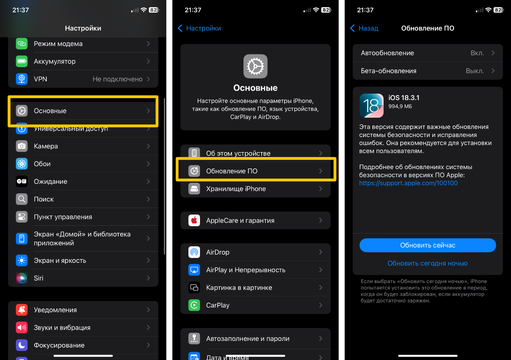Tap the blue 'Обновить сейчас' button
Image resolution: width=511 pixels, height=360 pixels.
coord(428,245)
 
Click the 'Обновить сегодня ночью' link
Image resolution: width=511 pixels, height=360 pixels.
coord(428,263)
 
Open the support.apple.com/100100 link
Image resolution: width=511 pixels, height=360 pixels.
coord(408,183)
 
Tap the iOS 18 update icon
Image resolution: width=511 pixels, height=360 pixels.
coord(371,106)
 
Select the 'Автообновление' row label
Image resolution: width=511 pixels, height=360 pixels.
coord(387,53)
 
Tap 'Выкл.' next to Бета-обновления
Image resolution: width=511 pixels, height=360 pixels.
coord(475,71)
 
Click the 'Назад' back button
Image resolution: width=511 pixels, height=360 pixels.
coord(364,28)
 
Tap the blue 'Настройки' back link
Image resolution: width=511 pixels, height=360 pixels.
coord(199,28)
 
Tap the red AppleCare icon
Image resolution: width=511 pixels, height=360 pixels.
coord(194,220)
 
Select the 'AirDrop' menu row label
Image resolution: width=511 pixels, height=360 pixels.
coord(218,252)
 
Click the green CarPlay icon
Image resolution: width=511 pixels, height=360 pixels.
coord(194,305)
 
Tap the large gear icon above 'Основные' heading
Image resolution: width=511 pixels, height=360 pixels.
coord(255,66)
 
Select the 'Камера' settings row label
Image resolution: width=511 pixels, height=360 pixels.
coord(46,146)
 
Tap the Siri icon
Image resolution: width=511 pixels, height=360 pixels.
coord(22,278)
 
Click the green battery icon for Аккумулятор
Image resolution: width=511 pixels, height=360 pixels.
coord(22,61)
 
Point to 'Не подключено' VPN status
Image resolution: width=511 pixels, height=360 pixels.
coord(118,79)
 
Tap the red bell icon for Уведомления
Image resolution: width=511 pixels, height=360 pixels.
coord(22,310)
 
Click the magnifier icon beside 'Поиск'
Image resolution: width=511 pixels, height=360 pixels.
coord(22,199)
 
